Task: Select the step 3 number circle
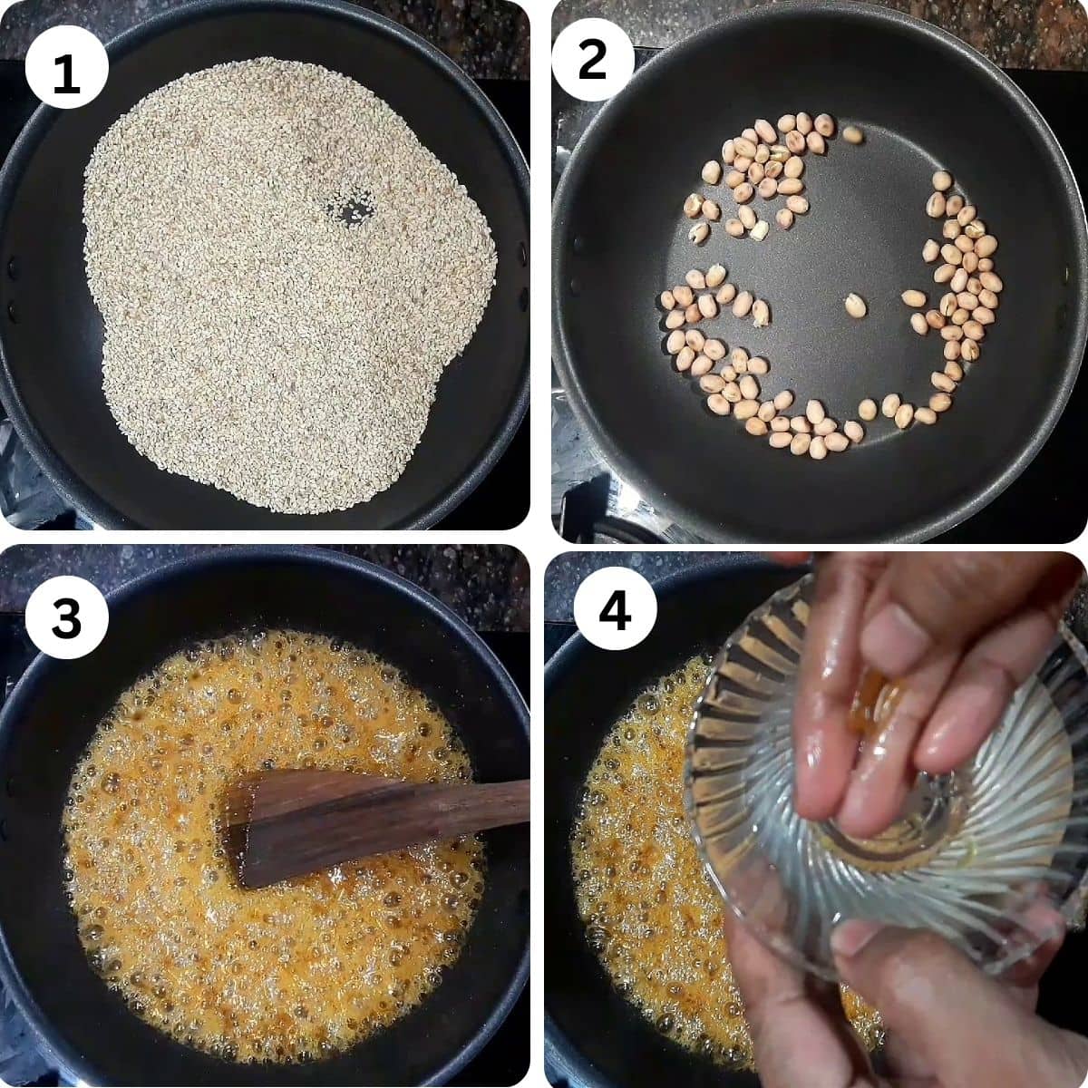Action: tap(67, 618)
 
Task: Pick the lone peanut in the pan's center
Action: tap(854, 305)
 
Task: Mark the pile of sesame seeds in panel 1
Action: tap(272, 317)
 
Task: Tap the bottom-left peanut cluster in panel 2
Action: tap(716, 345)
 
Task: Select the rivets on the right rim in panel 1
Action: tap(521, 277)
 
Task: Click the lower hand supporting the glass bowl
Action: tap(907, 1006)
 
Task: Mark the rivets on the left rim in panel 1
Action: tap(11, 290)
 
